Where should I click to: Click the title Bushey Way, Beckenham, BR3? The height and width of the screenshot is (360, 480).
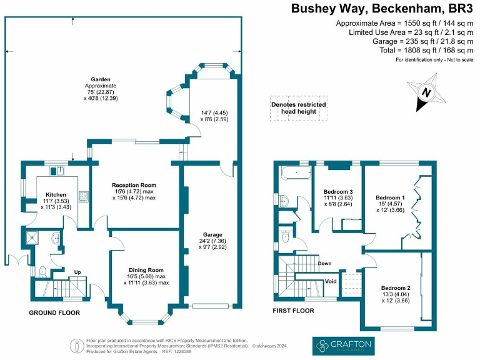pyautogui.click(x=382, y=9)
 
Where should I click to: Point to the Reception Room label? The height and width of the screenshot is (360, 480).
pyautogui.click(x=134, y=185)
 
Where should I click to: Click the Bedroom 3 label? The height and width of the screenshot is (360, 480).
pyautogui.click(x=338, y=191)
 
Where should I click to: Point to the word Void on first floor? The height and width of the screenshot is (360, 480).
pyautogui.click(x=331, y=281)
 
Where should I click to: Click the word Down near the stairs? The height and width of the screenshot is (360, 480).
pyautogui.click(x=324, y=263)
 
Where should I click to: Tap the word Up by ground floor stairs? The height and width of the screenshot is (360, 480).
pyautogui.click(x=77, y=272)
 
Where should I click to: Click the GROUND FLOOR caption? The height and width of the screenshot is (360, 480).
pyautogui.click(x=54, y=312)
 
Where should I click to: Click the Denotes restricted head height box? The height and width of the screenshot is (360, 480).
pyautogui.click(x=298, y=108)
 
